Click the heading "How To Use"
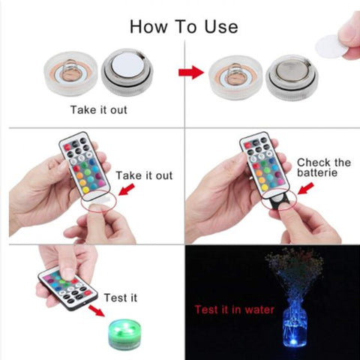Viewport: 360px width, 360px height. (184, 26)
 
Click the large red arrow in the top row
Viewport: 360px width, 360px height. (190, 73)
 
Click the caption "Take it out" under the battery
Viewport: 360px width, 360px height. (97, 110)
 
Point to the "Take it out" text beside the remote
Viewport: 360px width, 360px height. (144, 175)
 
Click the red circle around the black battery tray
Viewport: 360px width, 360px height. (288, 205)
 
